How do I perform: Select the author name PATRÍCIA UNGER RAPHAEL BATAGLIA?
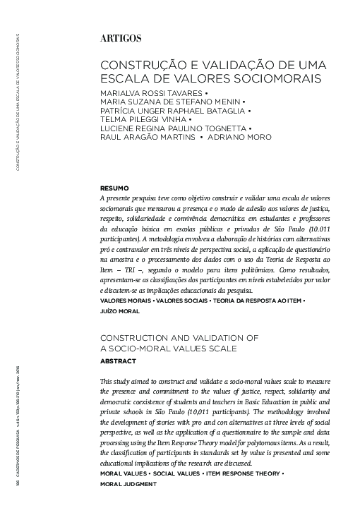coord(173,111)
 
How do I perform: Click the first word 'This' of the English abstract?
coord(110,381)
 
